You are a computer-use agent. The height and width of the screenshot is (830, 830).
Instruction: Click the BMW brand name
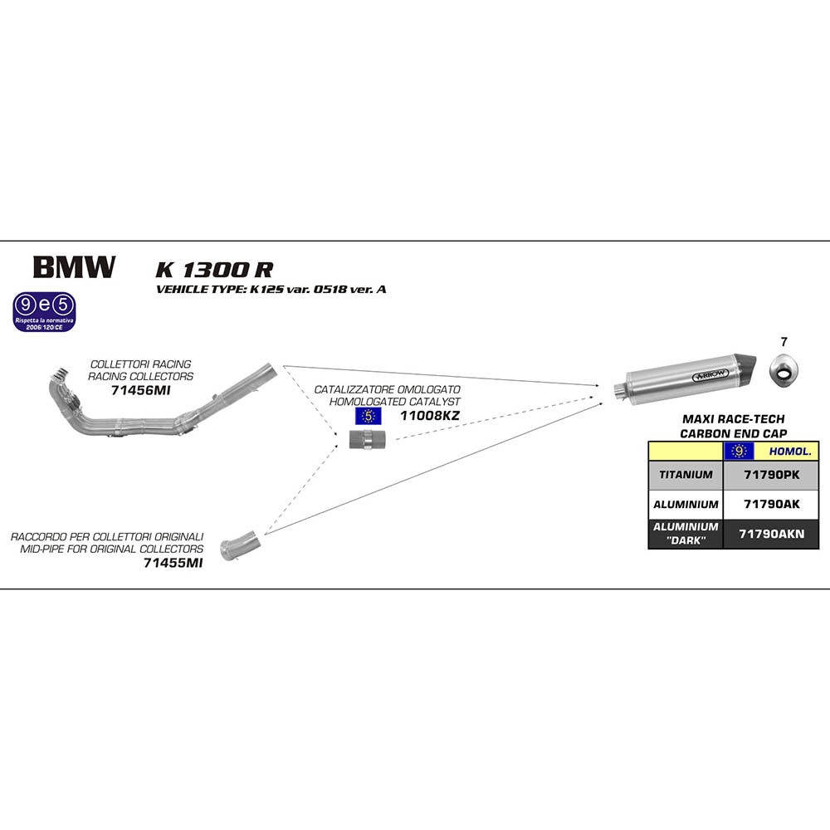pyautogui.click(x=74, y=267)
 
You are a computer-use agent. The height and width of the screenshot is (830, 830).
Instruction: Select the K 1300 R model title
pyautogui.click(x=214, y=270)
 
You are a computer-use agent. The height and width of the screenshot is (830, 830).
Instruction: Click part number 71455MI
pyautogui.click(x=173, y=562)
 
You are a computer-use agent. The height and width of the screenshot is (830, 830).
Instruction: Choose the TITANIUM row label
pyautogui.click(x=686, y=475)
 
